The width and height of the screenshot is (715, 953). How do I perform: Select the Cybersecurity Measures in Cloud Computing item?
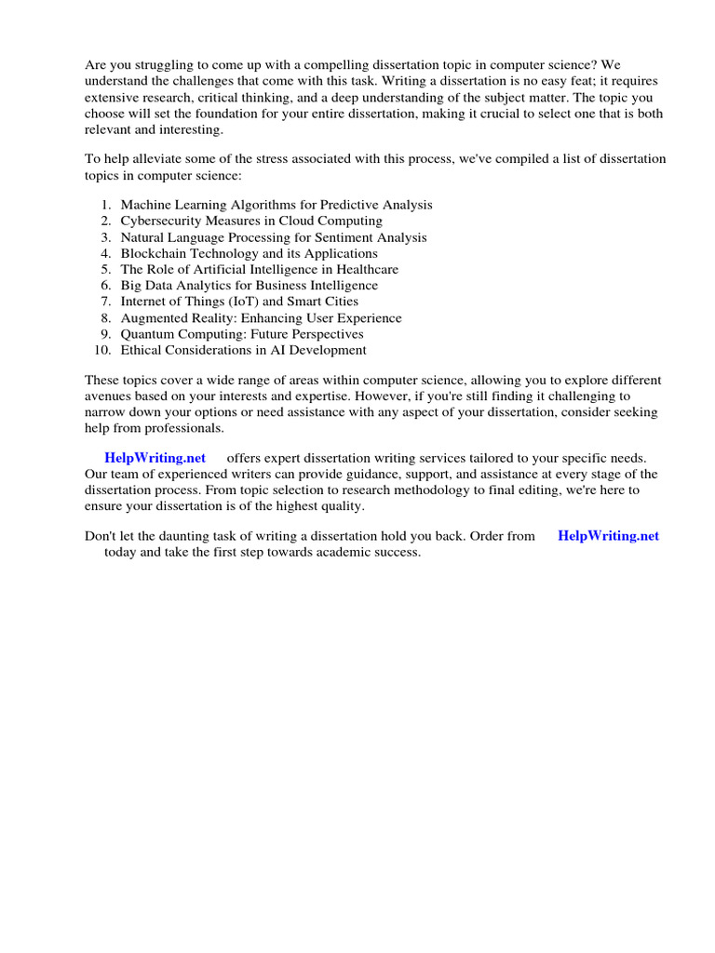(x=250, y=221)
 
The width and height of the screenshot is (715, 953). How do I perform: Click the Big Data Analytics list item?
(x=249, y=286)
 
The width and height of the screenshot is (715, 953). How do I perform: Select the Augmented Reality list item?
(x=261, y=317)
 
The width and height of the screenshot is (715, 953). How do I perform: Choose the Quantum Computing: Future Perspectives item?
(x=241, y=334)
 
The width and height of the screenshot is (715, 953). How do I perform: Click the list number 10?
(x=102, y=350)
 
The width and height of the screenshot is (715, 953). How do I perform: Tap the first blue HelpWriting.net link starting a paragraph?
(x=155, y=458)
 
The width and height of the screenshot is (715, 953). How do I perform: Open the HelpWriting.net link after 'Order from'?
(x=608, y=536)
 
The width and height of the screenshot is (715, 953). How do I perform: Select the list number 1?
(x=107, y=205)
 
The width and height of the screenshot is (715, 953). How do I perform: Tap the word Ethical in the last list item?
(x=141, y=350)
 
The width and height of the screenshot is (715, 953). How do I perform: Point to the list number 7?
(x=107, y=302)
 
